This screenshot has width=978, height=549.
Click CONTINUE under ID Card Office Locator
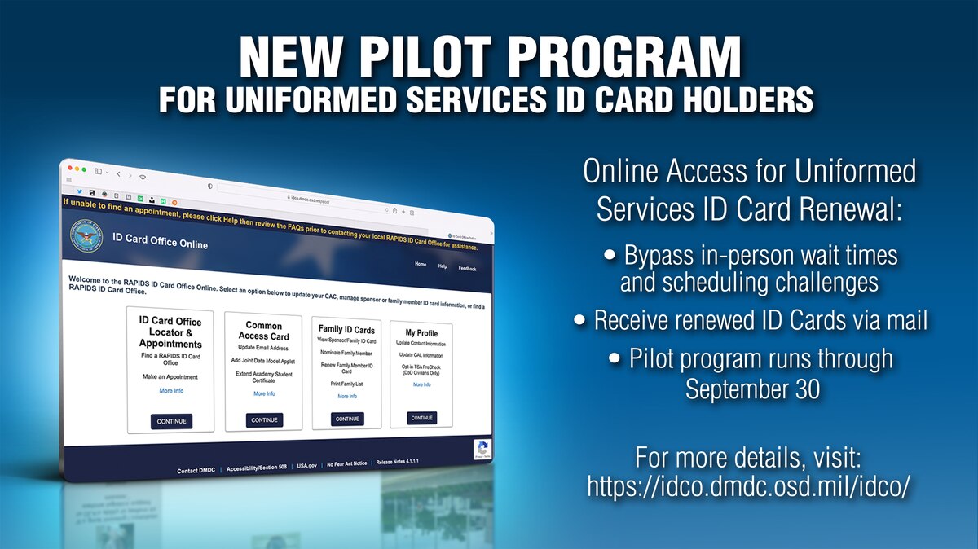[171, 421]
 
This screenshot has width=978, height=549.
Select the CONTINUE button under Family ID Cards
[347, 419]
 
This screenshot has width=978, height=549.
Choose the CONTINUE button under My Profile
[421, 418]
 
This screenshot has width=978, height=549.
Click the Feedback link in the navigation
[468, 268]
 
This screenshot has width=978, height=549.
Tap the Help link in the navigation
[443, 266]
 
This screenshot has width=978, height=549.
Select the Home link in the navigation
[421, 264]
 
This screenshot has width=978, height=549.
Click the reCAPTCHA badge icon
[482, 449]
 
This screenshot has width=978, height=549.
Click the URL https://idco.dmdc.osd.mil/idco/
[748, 485]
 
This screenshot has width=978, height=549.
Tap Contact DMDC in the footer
[196, 471]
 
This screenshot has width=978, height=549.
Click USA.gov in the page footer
[306, 467]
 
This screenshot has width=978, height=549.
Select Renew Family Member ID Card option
[346, 367]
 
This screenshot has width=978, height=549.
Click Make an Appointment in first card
[171, 377]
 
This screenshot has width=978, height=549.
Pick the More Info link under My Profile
[421, 384]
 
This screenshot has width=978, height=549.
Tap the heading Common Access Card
[264, 331]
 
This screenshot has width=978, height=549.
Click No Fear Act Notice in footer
[347, 464]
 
